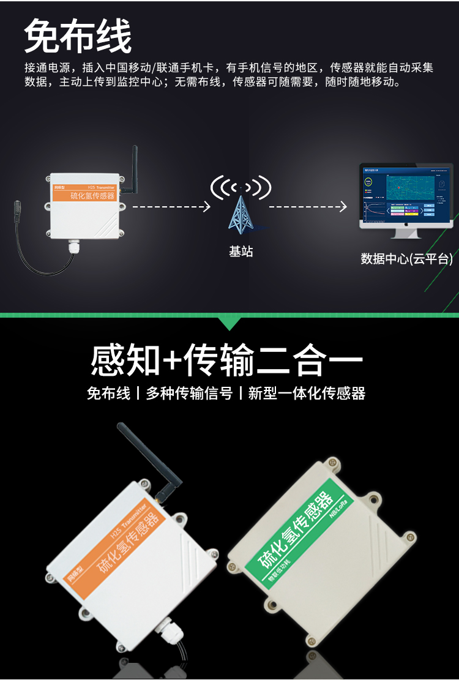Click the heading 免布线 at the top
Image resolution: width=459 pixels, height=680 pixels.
pyautogui.click(x=78, y=37)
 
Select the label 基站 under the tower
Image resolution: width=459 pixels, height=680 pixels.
pyautogui.click(x=241, y=252)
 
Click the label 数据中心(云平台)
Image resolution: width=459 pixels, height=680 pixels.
pyautogui.click(x=406, y=259)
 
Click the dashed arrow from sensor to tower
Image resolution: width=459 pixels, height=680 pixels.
pyautogui.click(x=171, y=207)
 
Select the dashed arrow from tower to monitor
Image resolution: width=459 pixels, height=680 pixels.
pyautogui.click(x=308, y=207)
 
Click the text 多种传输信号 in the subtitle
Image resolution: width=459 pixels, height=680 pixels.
pyautogui.click(x=189, y=394)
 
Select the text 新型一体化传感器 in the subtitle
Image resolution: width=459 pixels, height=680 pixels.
pyautogui.click(x=307, y=394)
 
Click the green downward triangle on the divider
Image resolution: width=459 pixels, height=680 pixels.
pyautogui.click(x=229, y=323)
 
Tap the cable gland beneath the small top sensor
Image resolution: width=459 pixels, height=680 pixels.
pyautogui.click(x=75, y=246)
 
